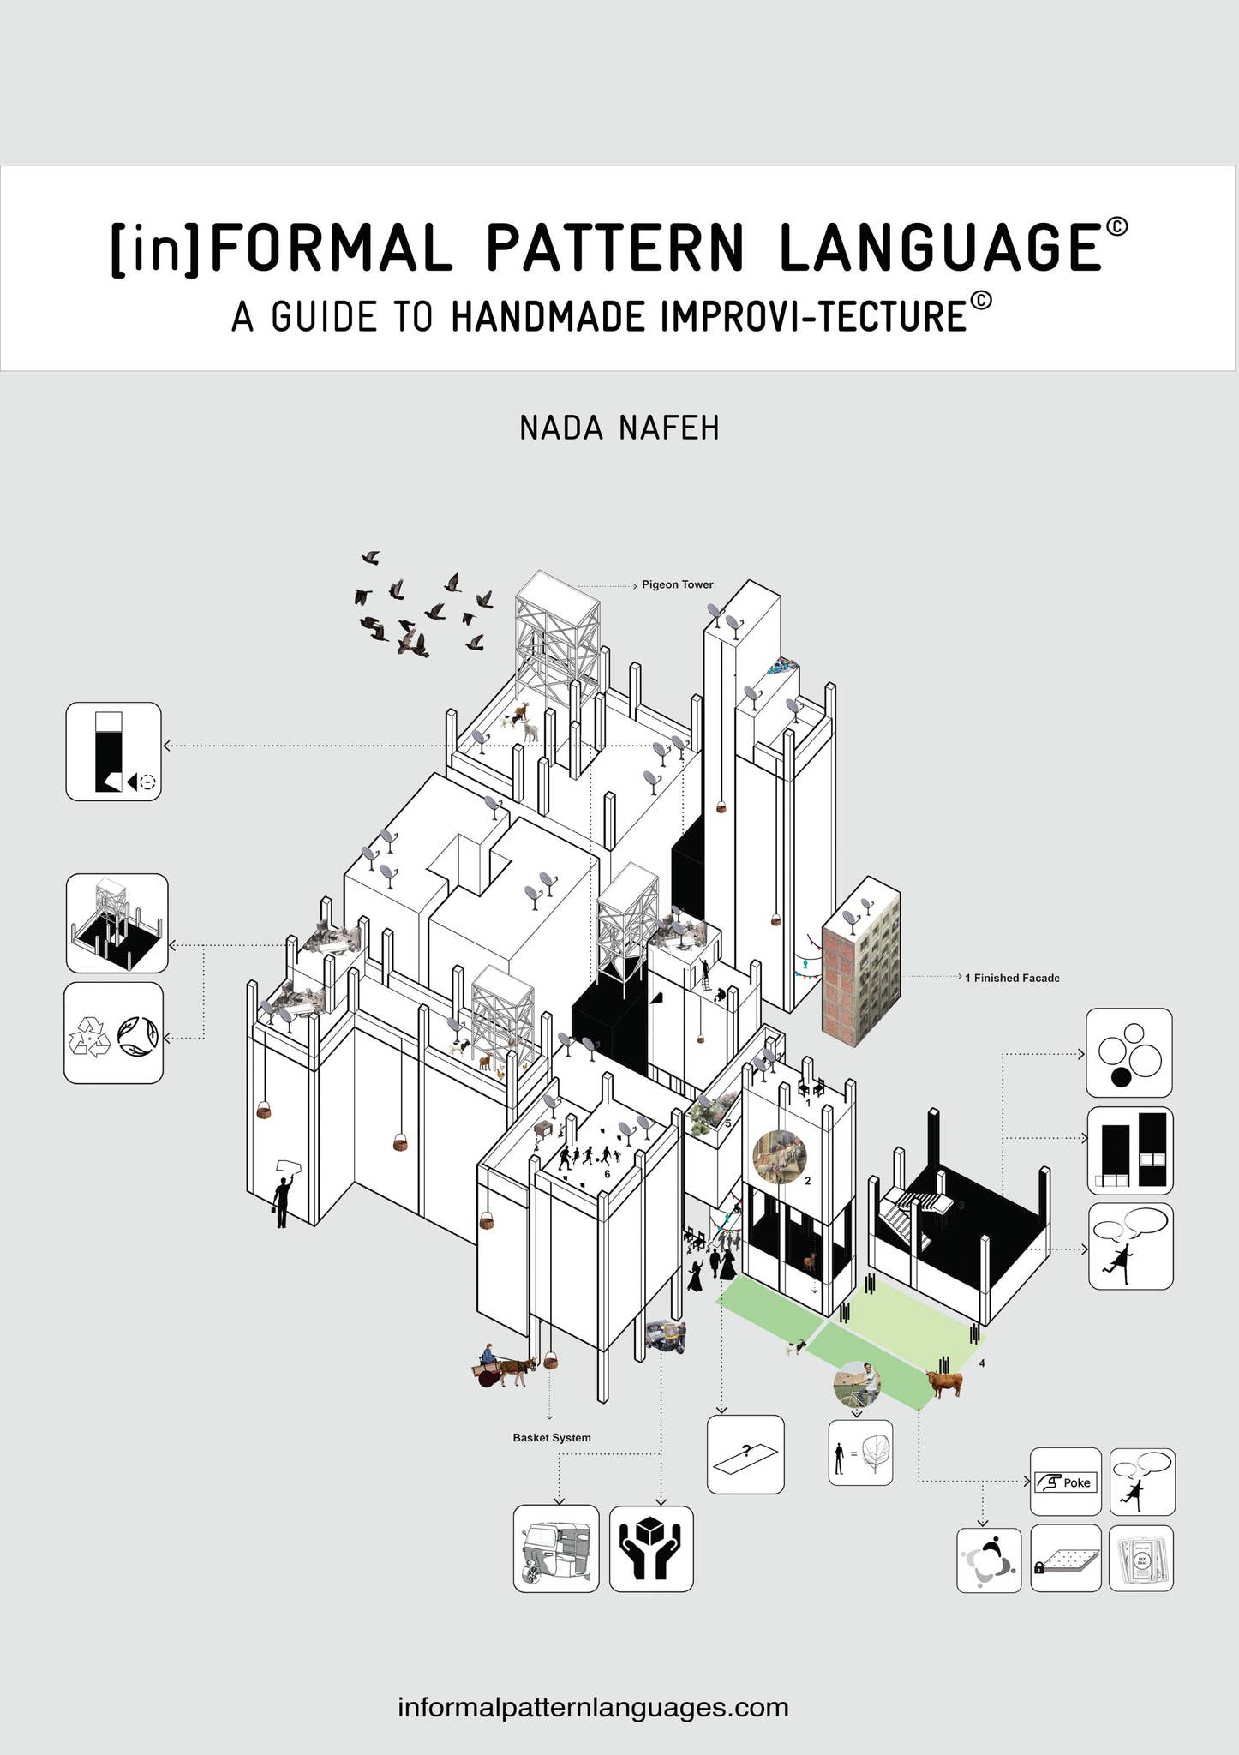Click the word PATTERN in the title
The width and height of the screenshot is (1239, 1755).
pyautogui.click(x=616, y=248)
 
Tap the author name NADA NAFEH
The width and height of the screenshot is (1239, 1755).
pyautogui.click(x=619, y=428)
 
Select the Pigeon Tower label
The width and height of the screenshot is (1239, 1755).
pyautogui.click(x=677, y=584)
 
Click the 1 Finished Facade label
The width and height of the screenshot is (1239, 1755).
pyautogui.click(x=1012, y=978)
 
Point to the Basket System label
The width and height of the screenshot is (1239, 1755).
pyautogui.click(x=552, y=1437)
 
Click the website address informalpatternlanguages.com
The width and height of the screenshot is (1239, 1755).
pyautogui.click(x=593, y=1706)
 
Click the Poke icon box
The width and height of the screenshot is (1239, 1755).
pyautogui.click(x=1065, y=1482)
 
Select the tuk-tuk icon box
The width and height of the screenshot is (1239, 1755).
pyautogui.click(x=556, y=1549)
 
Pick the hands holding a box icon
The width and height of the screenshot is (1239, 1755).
pyautogui.click(x=651, y=1549)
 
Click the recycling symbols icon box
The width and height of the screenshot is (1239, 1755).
pyautogui.click(x=113, y=1033)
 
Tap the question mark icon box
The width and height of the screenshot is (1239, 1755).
pyautogui.click(x=745, y=1454)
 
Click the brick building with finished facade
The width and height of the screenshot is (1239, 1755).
pyautogui.click(x=861, y=961)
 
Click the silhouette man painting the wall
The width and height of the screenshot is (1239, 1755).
pyautogui.click(x=282, y=1195)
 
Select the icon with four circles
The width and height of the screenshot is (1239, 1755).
pyautogui.click(x=1128, y=1052)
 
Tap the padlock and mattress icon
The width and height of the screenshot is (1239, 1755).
pyautogui.click(x=1065, y=1559)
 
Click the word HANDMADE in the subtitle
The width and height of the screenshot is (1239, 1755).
pyautogui.click(x=548, y=317)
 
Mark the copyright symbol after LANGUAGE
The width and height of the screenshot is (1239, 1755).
pyautogui.click(x=1116, y=226)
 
